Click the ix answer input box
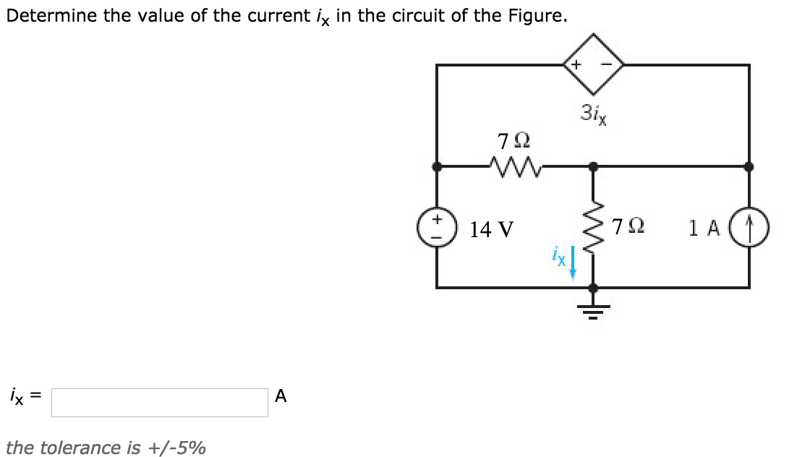(160, 403)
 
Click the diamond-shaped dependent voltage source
(593, 65)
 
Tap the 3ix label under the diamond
(593, 112)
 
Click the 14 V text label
(492, 229)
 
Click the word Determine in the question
(51, 16)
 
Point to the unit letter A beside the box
(281, 396)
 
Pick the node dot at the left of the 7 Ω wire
(437, 166)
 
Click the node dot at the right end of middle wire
(750, 166)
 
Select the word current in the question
(269, 16)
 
